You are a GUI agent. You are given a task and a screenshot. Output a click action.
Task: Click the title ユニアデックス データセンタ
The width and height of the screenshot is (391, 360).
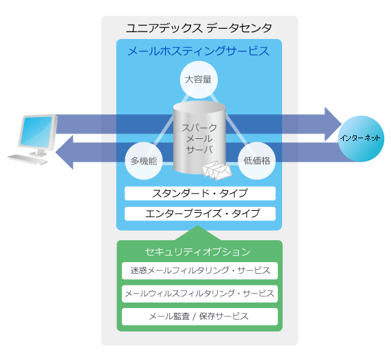point(199,28)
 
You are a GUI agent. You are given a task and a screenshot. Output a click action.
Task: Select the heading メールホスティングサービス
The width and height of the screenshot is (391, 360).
point(199,51)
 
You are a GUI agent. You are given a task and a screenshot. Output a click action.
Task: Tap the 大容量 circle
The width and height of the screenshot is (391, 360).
point(199,80)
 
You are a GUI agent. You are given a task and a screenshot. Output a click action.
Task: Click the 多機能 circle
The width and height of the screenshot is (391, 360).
point(144,161)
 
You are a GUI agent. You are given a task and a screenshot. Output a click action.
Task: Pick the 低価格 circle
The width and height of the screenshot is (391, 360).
point(257,161)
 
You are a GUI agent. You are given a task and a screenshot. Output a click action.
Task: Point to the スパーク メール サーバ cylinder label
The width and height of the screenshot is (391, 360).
point(199,138)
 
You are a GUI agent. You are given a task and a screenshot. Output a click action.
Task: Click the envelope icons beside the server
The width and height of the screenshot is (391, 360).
point(216,170)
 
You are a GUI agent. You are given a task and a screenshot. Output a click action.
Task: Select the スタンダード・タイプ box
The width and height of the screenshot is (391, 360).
point(200,194)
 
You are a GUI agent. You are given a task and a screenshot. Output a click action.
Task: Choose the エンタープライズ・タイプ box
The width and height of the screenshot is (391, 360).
point(200,214)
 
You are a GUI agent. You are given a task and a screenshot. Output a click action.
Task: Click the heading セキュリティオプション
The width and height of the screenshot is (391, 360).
point(197,252)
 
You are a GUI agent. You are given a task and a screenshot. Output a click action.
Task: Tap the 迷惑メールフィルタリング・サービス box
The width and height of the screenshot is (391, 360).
point(200,271)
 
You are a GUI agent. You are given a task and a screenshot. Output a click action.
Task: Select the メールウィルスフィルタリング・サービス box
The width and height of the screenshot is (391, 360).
point(200,294)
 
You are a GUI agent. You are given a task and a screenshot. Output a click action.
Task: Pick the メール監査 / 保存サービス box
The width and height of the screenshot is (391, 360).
point(200,317)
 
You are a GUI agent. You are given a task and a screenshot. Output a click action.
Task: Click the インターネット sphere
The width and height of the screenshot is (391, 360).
point(361,139)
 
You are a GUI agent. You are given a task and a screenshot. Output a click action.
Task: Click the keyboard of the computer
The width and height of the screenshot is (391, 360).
point(27,159)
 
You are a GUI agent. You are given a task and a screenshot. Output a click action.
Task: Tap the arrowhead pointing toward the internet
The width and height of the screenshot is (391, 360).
point(333,124)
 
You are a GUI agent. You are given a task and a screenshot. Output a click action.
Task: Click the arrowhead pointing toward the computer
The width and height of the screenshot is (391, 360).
point(64,153)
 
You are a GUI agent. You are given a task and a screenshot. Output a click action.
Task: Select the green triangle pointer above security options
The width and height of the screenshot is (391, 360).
point(197,233)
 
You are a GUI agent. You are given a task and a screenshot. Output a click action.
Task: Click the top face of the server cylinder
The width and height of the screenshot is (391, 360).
point(199,107)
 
